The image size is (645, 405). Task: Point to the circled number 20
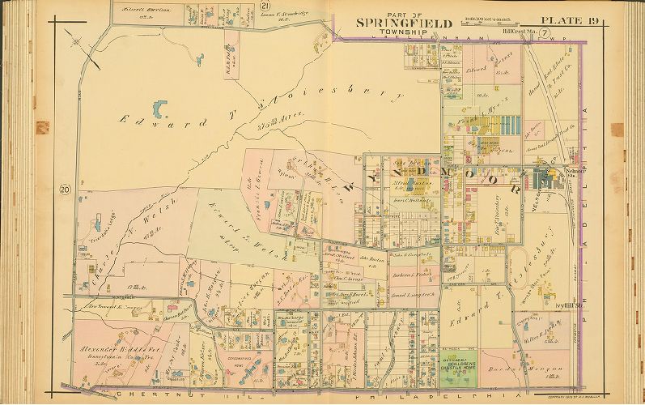(x=63, y=190)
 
